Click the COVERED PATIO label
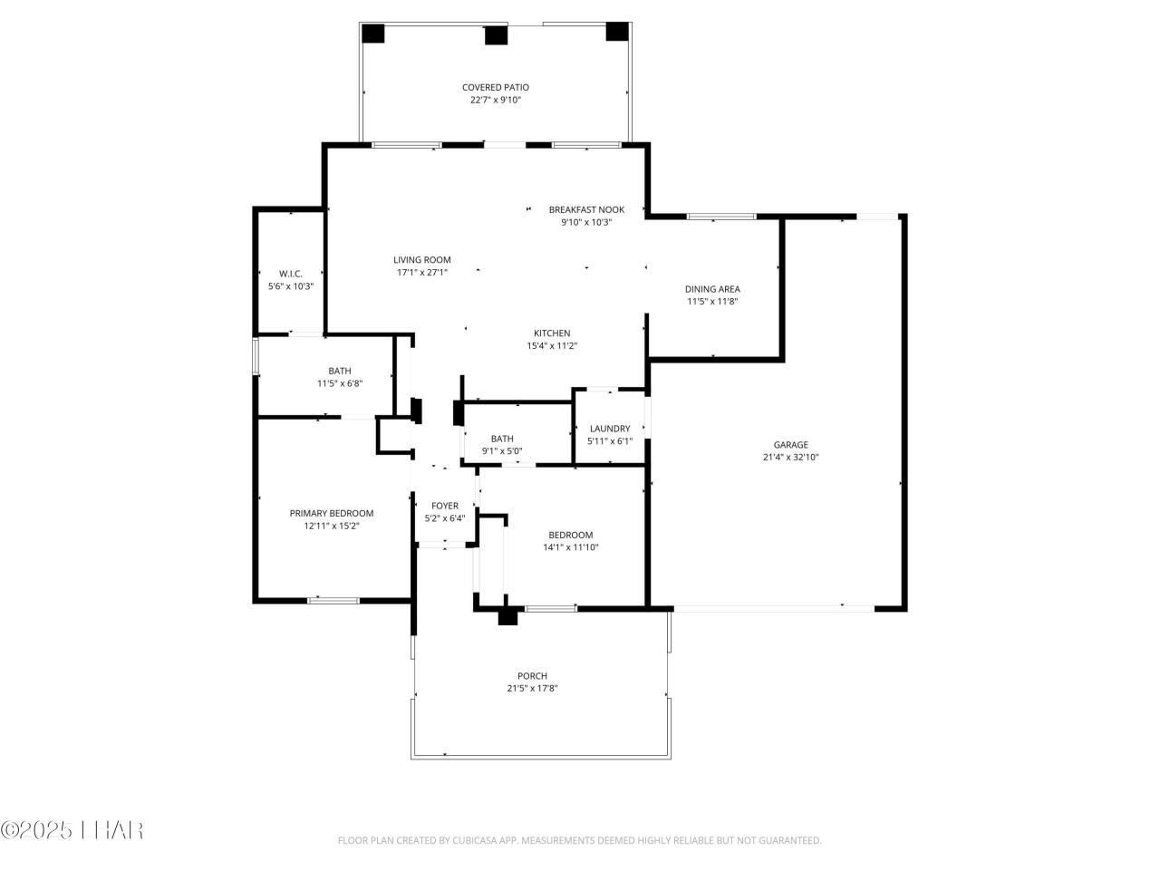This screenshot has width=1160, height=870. (x=495, y=88)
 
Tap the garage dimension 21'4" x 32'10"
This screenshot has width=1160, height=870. (x=790, y=458)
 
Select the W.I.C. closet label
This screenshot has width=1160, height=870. (x=290, y=274)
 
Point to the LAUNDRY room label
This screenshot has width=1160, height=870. (x=609, y=429)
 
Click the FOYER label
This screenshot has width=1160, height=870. (x=444, y=506)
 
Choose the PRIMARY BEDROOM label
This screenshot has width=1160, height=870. (x=331, y=513)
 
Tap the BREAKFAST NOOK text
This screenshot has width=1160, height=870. (x=585, y=209)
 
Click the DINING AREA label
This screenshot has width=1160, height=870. (x=711, y=289)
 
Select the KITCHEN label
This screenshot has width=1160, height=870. (x=551, y=333)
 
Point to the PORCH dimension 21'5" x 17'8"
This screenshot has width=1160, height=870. (x=532, y=689)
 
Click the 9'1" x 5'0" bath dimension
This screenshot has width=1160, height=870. (x=501, y=451)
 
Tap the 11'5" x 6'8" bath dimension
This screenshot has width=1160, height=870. (x=339, y=383)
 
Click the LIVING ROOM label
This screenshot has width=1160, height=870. (x=421, y=259)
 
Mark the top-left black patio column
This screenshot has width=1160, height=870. (x=372, y=33)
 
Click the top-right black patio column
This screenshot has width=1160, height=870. (x=616, y=31)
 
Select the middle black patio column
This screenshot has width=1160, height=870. (x=495, y=35)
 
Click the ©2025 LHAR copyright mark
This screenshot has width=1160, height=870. (x=72, y=829)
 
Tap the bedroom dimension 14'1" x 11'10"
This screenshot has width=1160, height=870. (x=570, y=547)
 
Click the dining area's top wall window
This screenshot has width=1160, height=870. (x=720, y=217)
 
